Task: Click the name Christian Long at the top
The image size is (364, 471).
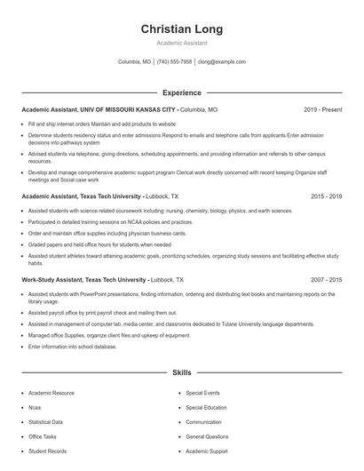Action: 181,29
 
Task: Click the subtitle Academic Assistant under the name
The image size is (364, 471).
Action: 181,43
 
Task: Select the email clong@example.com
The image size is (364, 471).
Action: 222,62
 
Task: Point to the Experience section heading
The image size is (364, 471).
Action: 181,92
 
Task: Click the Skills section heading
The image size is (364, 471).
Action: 181,373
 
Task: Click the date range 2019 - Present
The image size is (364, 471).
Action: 322,109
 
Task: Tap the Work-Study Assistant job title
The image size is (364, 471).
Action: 83,279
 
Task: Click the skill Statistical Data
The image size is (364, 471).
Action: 45,422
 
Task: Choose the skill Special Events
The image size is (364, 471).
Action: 202,392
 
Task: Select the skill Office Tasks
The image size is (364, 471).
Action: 43,437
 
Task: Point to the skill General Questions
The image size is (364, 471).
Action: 207,437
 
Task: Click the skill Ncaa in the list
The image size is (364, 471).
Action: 36,407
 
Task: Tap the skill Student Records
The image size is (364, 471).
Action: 47,451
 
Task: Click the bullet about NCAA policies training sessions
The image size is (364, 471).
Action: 110,221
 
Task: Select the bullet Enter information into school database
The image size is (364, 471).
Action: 72,346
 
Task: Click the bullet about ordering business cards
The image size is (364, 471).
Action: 107,232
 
